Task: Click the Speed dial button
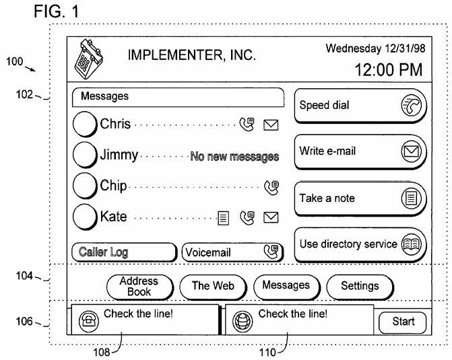[x=360, y=106]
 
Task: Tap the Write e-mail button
[x=360, y=151]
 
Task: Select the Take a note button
[x=360, y=199]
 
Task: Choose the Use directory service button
[x=360, y=245]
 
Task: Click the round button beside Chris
[x=85, y=124]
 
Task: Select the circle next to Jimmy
[x=85, y=155]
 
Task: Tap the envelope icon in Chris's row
[x=271, y=125]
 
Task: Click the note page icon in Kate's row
[x=224, y=218]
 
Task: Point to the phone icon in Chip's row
[x=271, y=188]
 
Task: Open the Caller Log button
[x=124, y=252]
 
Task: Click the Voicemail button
[x=232, y=252]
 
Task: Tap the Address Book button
[x=140, y=287]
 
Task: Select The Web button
[x=213, y=287]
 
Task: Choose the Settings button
[x=360, y=287]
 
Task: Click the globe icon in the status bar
[x=243, y=321]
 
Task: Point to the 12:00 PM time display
[x=388, y=70]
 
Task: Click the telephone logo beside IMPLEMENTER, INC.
[x=88, y=59]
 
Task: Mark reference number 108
[x=102, y=352]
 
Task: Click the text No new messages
[x=234, y=156]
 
